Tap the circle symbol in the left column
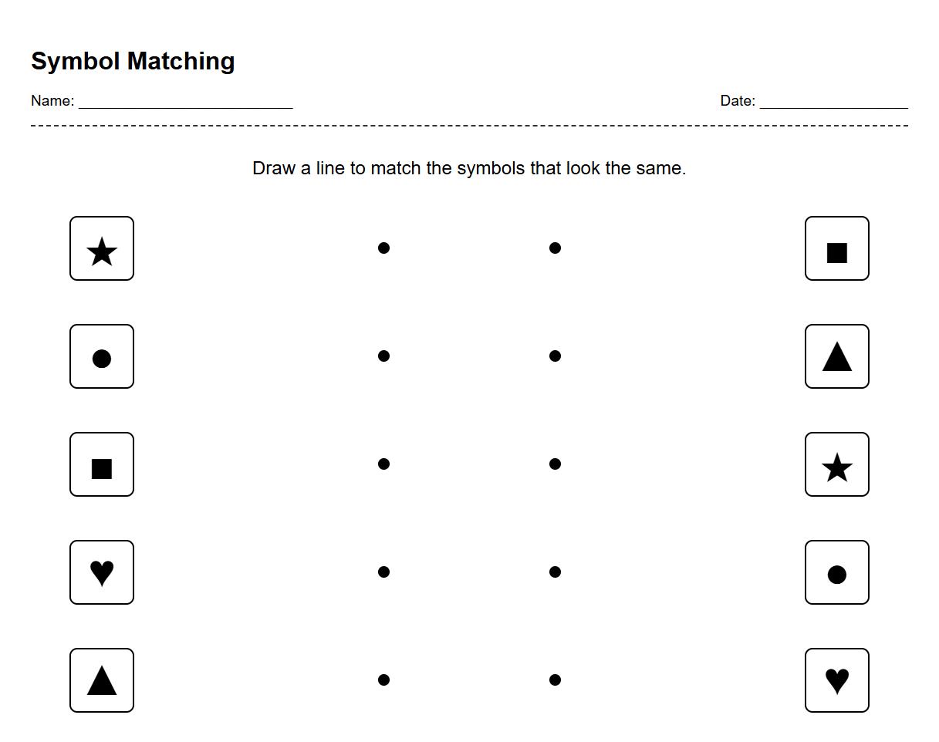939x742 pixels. coord(102,358)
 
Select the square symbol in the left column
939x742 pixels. coord(102,467)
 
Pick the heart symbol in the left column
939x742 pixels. coord(102,572)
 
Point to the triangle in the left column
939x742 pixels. coord(102,680)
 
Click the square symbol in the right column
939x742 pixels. coord(837,251)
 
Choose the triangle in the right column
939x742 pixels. coord(837,356)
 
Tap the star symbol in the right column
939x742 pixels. coord(837,467)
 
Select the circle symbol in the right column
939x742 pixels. coord(837,574)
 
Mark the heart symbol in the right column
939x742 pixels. coord(837,680)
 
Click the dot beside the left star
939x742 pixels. coord(383,248)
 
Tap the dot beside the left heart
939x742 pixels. coord(383,572)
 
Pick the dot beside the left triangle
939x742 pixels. coord(383,680)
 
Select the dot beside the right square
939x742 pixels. coord(555,248)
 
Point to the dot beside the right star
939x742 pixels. coord(555,464)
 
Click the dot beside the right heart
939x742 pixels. coord(555,680)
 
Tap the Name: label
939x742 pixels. coord(52,101)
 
